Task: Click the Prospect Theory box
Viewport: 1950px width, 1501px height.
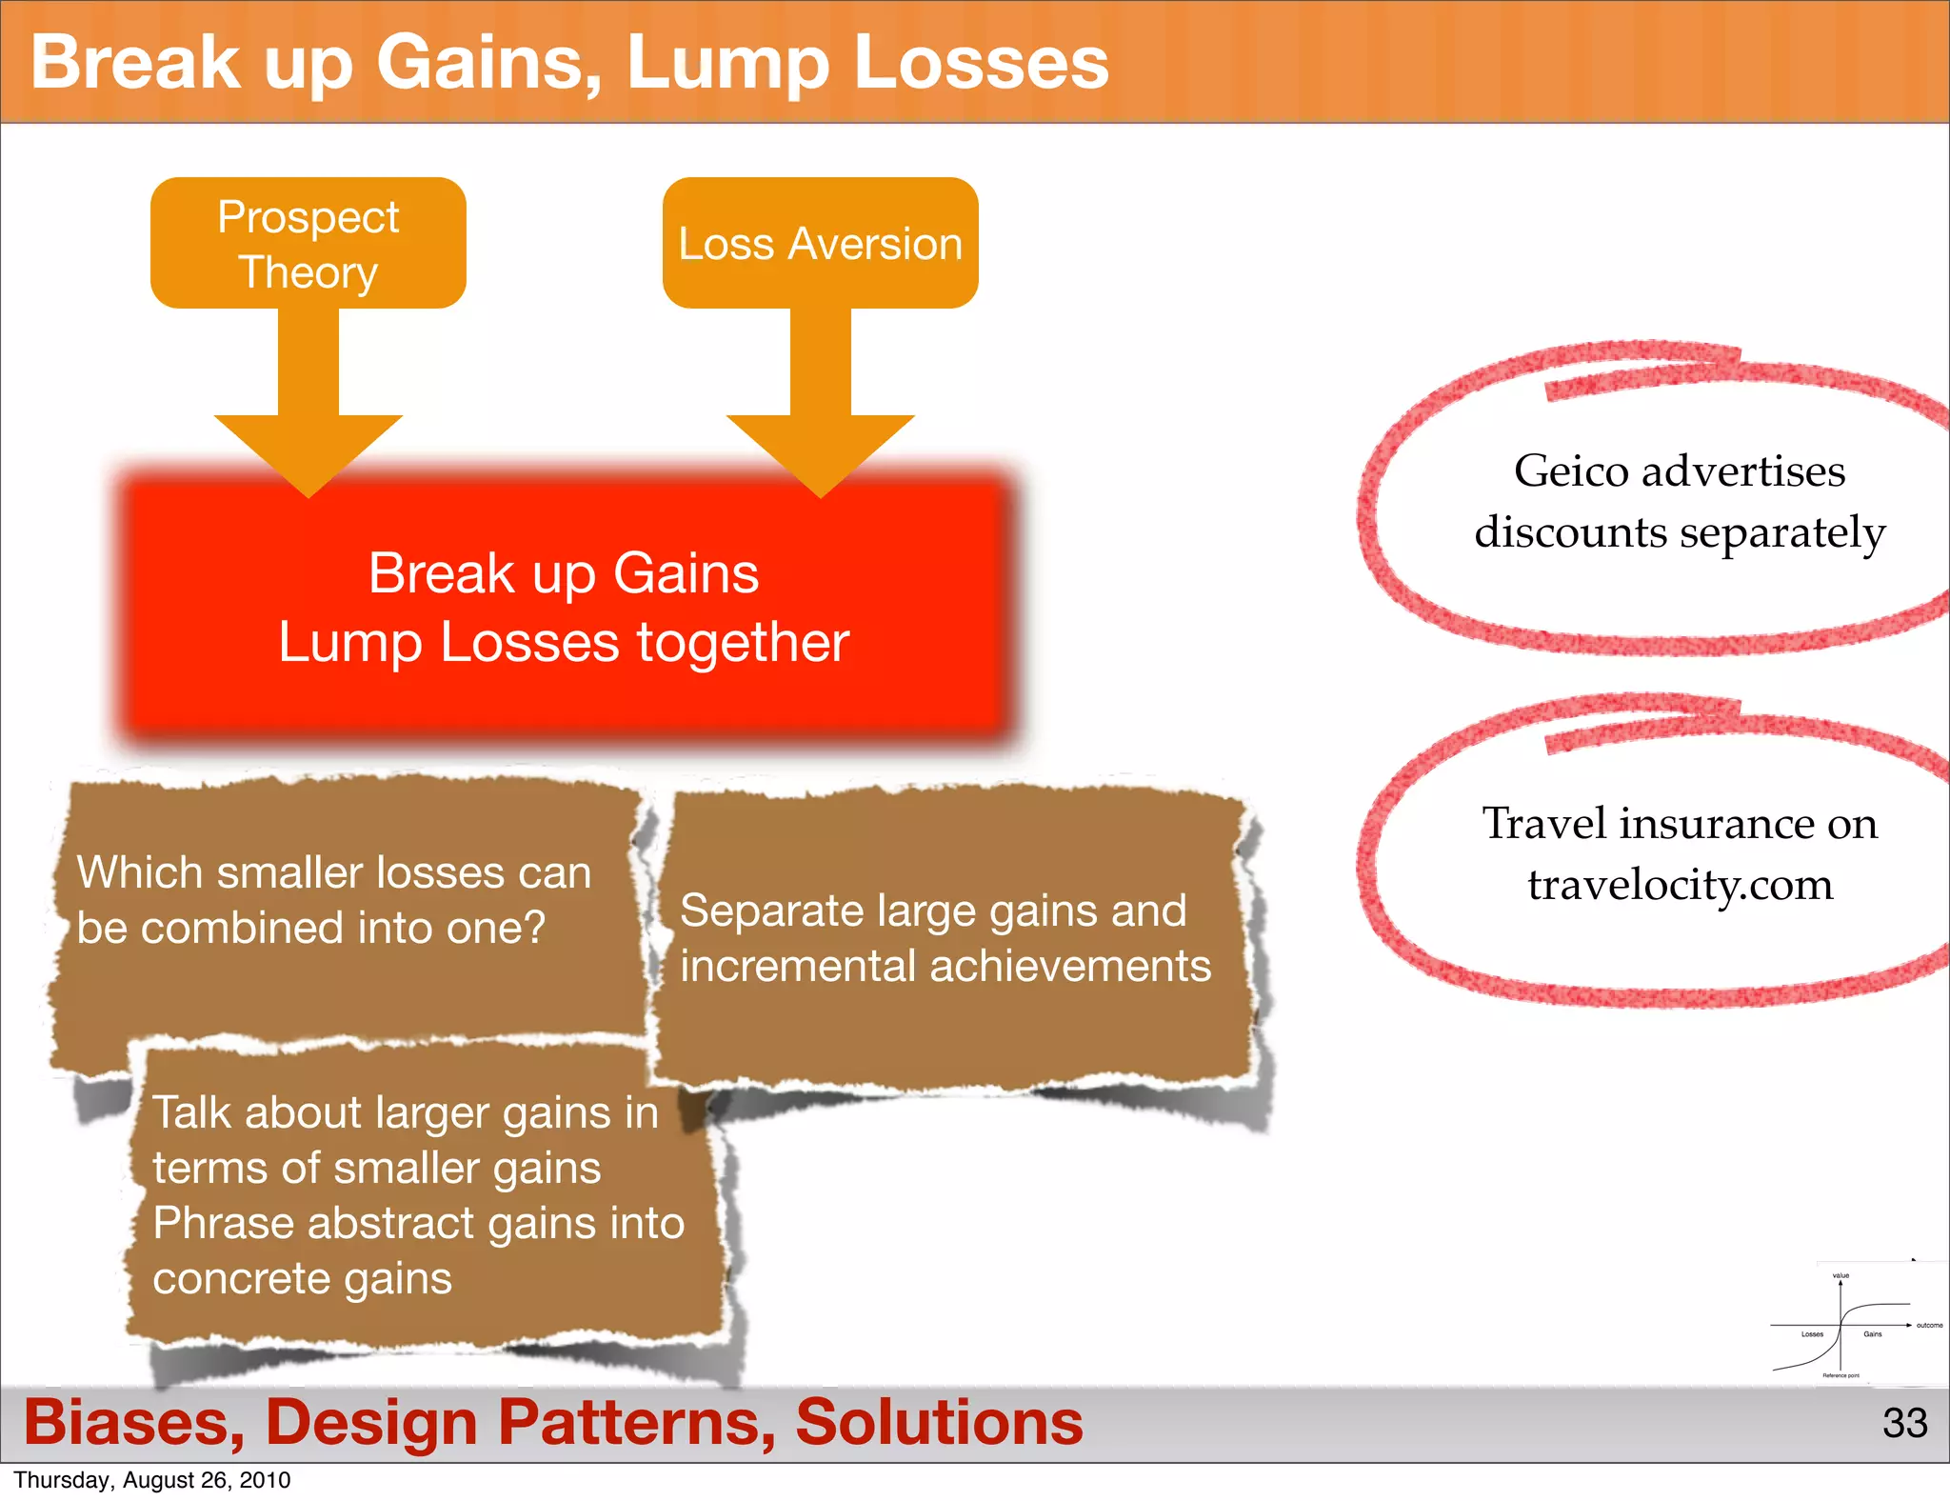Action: [308, 244]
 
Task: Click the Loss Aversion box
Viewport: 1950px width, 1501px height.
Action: [820, 244]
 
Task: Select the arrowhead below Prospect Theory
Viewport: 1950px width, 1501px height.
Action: [308, 452]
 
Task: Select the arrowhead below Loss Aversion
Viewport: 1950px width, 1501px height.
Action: [820, 452]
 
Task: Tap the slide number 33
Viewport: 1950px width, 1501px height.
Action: [1904, 1423]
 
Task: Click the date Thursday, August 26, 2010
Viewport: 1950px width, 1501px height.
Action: [152, 1480]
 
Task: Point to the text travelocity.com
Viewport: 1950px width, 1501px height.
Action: [1680, 885]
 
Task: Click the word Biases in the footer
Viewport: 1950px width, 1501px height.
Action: [133, 1423]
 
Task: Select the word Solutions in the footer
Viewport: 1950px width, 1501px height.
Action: [939, 1423]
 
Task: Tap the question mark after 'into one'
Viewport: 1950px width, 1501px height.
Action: [534, 928]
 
